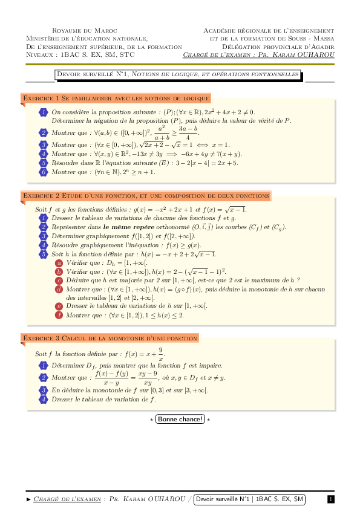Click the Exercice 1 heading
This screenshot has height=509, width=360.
[116, 98]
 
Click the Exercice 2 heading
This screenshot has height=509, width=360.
[145, 196]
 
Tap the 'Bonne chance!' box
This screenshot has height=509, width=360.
[180, 419]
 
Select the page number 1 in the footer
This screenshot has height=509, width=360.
[330, 499]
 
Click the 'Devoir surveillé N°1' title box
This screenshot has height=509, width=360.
[178, 75]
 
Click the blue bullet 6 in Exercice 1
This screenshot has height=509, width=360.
[44, 172]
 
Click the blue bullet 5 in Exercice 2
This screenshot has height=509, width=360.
[44, 254]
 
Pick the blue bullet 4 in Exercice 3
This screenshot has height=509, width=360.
[44, 399]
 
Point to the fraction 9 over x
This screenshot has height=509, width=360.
[160, 354]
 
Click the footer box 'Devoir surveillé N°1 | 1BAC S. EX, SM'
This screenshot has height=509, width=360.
[250, 499]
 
